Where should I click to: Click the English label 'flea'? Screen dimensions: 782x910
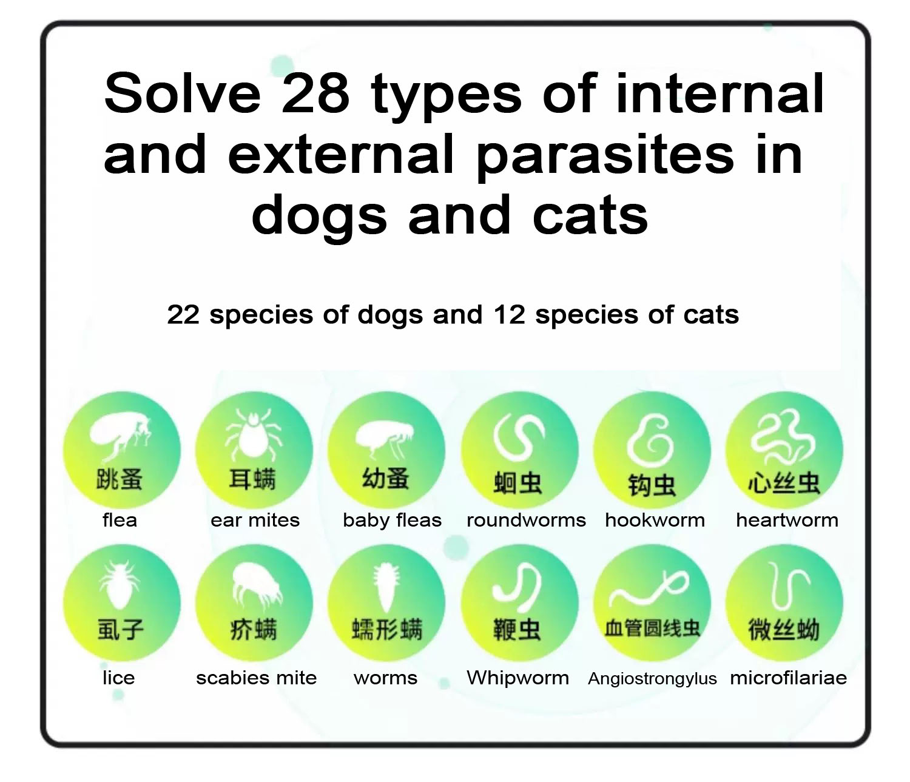click(x=120, y=520)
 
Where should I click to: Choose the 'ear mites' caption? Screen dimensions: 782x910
click(x=255, y=520)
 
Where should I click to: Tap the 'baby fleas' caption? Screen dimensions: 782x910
click(x=392, y=520)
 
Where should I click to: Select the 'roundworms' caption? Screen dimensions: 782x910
click(x=526, y=520)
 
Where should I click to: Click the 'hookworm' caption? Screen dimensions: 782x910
click(x=655, y=520)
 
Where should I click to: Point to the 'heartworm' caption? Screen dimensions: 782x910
click(x=787, y=520)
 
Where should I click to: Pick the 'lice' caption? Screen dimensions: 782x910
click(x=118, y=678)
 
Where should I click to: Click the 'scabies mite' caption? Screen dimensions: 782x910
click(x=256, y=678)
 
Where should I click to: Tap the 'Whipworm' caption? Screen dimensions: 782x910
click(x=517, y=678)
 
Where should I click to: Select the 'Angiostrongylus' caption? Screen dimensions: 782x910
click(x=652, y=678)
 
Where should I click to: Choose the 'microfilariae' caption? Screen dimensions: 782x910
click(x=788, y=678)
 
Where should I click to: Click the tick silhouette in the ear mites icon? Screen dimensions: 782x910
click(x=254, y=434)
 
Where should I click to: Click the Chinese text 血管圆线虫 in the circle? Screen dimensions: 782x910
click(x=652, y=628)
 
